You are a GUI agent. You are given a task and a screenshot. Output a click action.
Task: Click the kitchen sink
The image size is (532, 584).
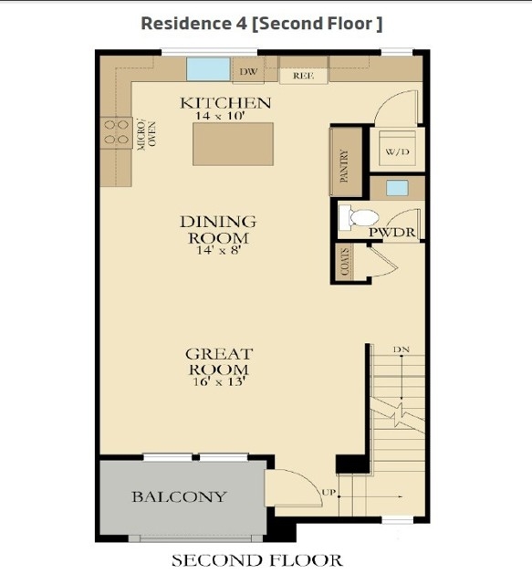pos(208,69)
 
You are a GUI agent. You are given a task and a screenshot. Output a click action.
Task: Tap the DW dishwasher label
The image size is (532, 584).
pos(248,71)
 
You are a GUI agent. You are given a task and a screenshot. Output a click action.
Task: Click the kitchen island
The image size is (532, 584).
pos(234,144)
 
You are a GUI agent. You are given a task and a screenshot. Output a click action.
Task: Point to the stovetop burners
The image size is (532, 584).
pos(116,132)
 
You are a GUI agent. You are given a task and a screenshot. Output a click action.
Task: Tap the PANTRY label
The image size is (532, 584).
pos(344,166)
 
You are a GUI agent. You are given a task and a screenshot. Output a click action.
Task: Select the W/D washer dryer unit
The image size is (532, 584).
pos(397,148)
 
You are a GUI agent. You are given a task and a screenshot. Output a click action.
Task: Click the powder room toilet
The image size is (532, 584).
pos(359,217)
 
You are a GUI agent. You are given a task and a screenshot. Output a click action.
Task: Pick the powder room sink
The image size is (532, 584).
pos(397,188)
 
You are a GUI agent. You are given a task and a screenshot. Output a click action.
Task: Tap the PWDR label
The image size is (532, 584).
pos(391,233)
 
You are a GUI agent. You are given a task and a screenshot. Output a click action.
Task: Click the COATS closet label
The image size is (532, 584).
pos(345,262)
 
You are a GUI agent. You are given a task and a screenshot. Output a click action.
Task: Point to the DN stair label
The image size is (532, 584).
pos(402,349)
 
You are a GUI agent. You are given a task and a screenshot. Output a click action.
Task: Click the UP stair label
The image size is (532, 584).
pos(329,492)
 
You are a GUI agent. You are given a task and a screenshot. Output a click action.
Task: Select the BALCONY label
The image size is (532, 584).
pos(179,496)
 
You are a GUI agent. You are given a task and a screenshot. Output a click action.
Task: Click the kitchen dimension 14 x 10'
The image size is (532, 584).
pos(220,116)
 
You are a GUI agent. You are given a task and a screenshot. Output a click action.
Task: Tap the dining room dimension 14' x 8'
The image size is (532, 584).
pos(217,250)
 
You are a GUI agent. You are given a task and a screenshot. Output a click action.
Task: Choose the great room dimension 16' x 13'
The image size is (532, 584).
pos(219,381)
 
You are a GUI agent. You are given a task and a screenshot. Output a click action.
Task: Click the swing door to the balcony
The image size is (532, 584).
pos(293,488)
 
